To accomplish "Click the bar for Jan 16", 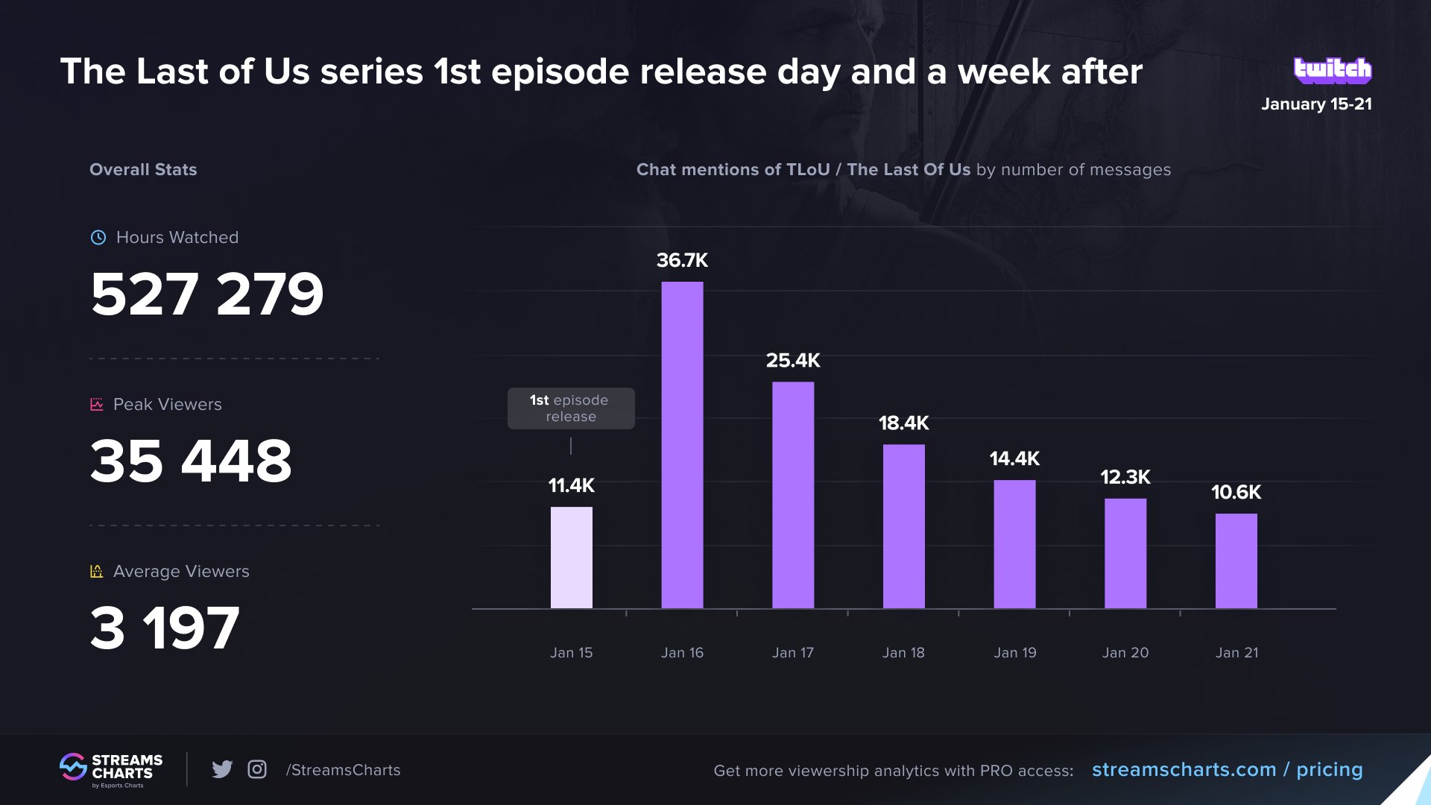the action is tap(682, 445).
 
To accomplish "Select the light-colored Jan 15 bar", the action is tap(572, 558).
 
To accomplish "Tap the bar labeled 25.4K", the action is tap(793, 496).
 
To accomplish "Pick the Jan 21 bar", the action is tap(1236, 561).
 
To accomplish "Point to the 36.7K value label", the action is tap(682, 260).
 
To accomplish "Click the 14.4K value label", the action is tap(1014, 458).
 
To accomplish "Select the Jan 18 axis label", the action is tap(903, 653).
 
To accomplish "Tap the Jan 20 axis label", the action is tap(1125, 653).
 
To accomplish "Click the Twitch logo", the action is tap(1333, 70).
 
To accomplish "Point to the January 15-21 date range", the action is tap(1316, 104).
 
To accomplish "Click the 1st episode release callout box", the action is tap(571, 408).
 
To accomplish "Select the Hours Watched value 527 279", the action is tap(207, 294).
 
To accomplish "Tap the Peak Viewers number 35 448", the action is tap(191, 461).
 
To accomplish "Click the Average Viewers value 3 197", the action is tap(165, 628).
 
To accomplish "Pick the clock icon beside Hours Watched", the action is tap(98, 238).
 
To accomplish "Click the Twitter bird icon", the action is tap(222, 769).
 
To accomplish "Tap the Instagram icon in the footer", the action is tap(257, 769).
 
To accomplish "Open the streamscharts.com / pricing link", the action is tap(1228, 770).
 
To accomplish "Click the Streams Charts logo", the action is tap(111, 770).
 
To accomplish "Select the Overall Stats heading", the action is tap(143, 170).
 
